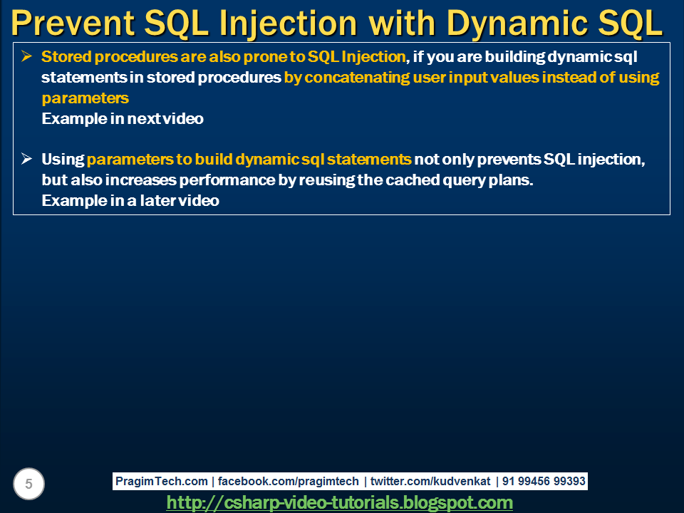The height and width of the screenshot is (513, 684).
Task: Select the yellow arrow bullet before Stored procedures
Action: [x=26, y=56]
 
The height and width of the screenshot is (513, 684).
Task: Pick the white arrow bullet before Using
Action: [x=26, y=158]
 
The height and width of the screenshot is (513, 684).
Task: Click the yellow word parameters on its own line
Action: [x=85, y=98]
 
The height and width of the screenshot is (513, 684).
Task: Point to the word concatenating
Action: [x=357, y=77]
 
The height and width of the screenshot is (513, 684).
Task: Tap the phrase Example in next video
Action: [x=123, y=119]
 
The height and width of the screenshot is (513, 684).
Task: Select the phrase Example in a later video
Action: [x=130, y=201]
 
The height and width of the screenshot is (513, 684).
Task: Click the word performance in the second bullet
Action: [x=227, y=180]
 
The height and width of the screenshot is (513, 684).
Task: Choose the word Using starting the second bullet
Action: [x=63, y=160]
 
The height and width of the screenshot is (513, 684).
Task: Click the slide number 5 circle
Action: [x=28, y=484]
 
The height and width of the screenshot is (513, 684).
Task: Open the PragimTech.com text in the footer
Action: [x=162, y=481]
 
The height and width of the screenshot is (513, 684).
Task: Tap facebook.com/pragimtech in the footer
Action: [x=288, y=481]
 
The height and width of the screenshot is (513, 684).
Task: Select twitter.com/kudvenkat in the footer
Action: [x=430, y=481]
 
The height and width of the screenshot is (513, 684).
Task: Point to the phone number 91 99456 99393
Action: [x=544, y=481]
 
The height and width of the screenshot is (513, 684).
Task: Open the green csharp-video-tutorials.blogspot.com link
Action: [x=339, y=502]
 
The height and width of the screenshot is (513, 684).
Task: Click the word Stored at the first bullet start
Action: [x=66, y=57]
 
